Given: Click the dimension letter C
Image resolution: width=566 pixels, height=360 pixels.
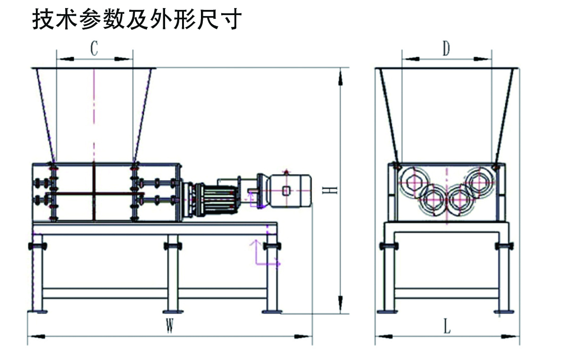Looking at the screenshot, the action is [94, 48].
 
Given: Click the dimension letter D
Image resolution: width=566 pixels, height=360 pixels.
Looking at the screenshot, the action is [446, 48].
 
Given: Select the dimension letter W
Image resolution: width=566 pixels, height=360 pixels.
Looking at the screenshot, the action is [170, 326].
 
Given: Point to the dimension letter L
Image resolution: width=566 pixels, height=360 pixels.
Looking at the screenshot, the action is [447, 326].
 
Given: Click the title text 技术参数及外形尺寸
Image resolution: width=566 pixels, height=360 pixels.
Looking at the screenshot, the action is [137, 19].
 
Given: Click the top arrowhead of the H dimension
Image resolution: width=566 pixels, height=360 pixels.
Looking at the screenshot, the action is [341, 78].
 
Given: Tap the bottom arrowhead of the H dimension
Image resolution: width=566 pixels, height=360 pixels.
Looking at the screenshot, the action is [341, 304].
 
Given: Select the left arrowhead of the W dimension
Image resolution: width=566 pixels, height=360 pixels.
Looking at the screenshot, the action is [37, 336].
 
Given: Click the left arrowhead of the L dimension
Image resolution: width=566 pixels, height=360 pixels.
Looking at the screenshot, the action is [384, 336].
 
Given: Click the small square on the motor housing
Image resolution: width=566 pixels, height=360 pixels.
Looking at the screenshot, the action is [286, 191].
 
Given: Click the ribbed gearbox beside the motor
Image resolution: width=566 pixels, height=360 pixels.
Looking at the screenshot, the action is [217, 200].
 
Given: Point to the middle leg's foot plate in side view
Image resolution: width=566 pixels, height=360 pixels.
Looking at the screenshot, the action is [173, 311].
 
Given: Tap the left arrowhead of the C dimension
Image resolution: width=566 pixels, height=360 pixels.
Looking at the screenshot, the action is [66, 59].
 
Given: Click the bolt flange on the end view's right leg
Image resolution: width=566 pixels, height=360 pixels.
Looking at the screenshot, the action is [504, 246].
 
